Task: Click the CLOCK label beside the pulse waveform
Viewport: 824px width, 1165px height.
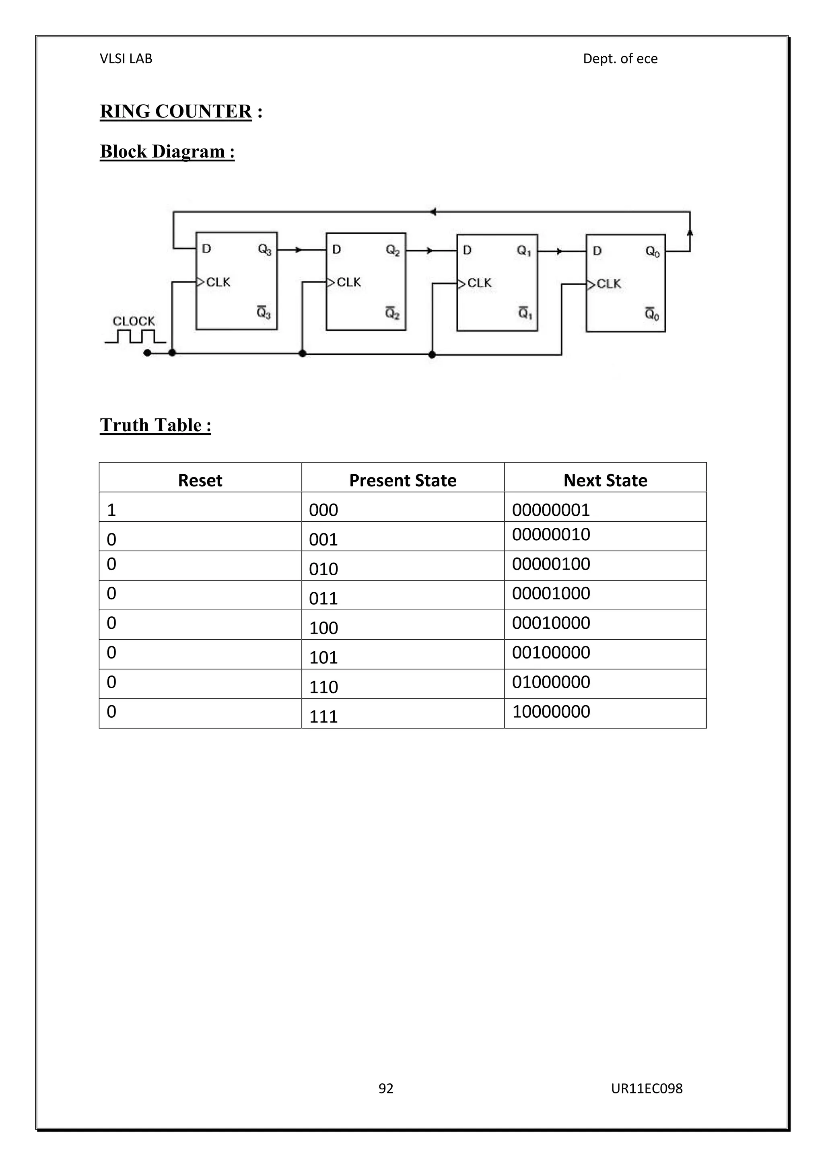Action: click(134, 321)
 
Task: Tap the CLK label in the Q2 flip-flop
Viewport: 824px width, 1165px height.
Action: click(348, 282)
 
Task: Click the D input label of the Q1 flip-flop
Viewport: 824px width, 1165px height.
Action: click(467, 250)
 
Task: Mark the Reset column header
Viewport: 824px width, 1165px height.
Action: click(200, 480)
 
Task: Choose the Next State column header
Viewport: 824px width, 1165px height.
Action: click(605, 480)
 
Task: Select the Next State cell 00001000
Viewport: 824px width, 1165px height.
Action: click(551, 593)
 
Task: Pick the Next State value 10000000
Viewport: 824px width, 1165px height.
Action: click(551, 711)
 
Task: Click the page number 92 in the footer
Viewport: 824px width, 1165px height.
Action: click(385, 1088)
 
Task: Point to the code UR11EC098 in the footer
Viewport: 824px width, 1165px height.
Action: click(647, 1088)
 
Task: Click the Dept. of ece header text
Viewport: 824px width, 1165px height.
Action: click(620, 59)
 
